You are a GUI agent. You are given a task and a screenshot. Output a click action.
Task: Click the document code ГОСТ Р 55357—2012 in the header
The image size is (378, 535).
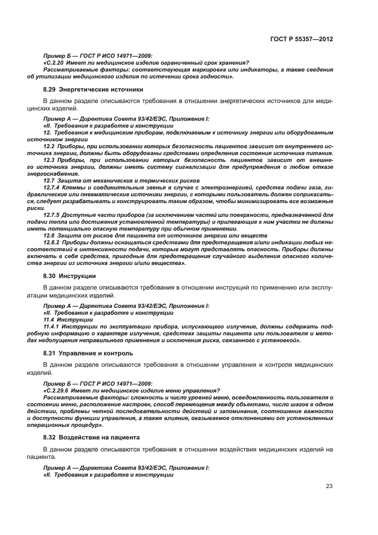(x=302, y=40)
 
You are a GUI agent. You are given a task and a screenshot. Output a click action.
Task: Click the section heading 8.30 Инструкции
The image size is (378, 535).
(x=70, y=276)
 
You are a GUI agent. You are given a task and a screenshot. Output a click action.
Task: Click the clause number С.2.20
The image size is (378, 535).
(x=55, y=63)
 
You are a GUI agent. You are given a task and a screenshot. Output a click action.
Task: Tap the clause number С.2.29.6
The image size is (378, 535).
(x=59, y=391)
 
